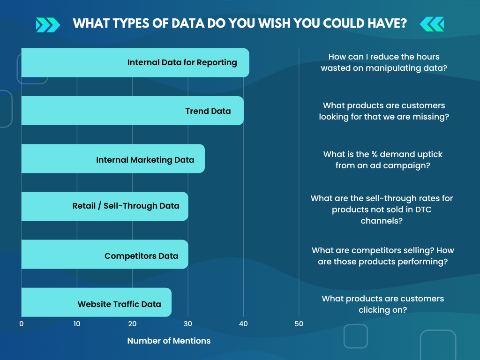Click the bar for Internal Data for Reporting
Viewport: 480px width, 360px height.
pyautogui.click(x=135, y=63)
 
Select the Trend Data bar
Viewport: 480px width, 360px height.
pyautogui.click(x=133, y=111)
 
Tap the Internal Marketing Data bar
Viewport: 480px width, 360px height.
pyautogui.click(x=113, y=158)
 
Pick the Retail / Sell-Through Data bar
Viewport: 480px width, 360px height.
pyautogui.click(x=105, y=206)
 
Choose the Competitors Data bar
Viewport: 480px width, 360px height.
pyautogui.click(x=105, y=255)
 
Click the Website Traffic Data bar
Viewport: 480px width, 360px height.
pyautogui.click(x=97, y=302)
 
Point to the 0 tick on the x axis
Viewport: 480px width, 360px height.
pyautogui.click(x=22, y=324)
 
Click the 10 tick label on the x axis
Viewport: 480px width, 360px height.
pyautogui.click(x=77, y=324)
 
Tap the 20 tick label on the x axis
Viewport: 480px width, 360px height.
pyautogui.click(x=132, y=324)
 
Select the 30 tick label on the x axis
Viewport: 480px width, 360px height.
pyautogui.click(x=188, y=324)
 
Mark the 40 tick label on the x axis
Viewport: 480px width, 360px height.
pyautogui.click(x=243, y=324)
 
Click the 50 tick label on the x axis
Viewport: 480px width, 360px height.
pyautogui.click(x=299, y=324)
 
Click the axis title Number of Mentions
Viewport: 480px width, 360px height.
pyautogui.click(x=169, y=341)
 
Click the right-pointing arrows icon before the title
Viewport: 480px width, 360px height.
pyautogui.click(x=48, y=25)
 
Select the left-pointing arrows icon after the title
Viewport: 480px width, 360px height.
pyautogui.click(x=432, y=24)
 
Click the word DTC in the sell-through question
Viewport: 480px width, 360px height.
pyautogui.click(x=423, y=210)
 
